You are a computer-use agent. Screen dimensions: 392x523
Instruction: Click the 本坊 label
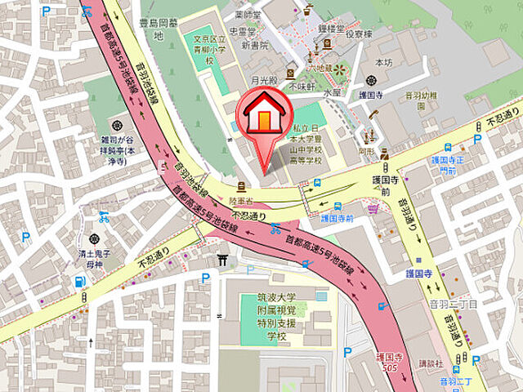[x=383, y=62]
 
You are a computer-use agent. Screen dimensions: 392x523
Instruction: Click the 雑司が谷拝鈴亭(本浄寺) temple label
[x=118, y=151]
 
